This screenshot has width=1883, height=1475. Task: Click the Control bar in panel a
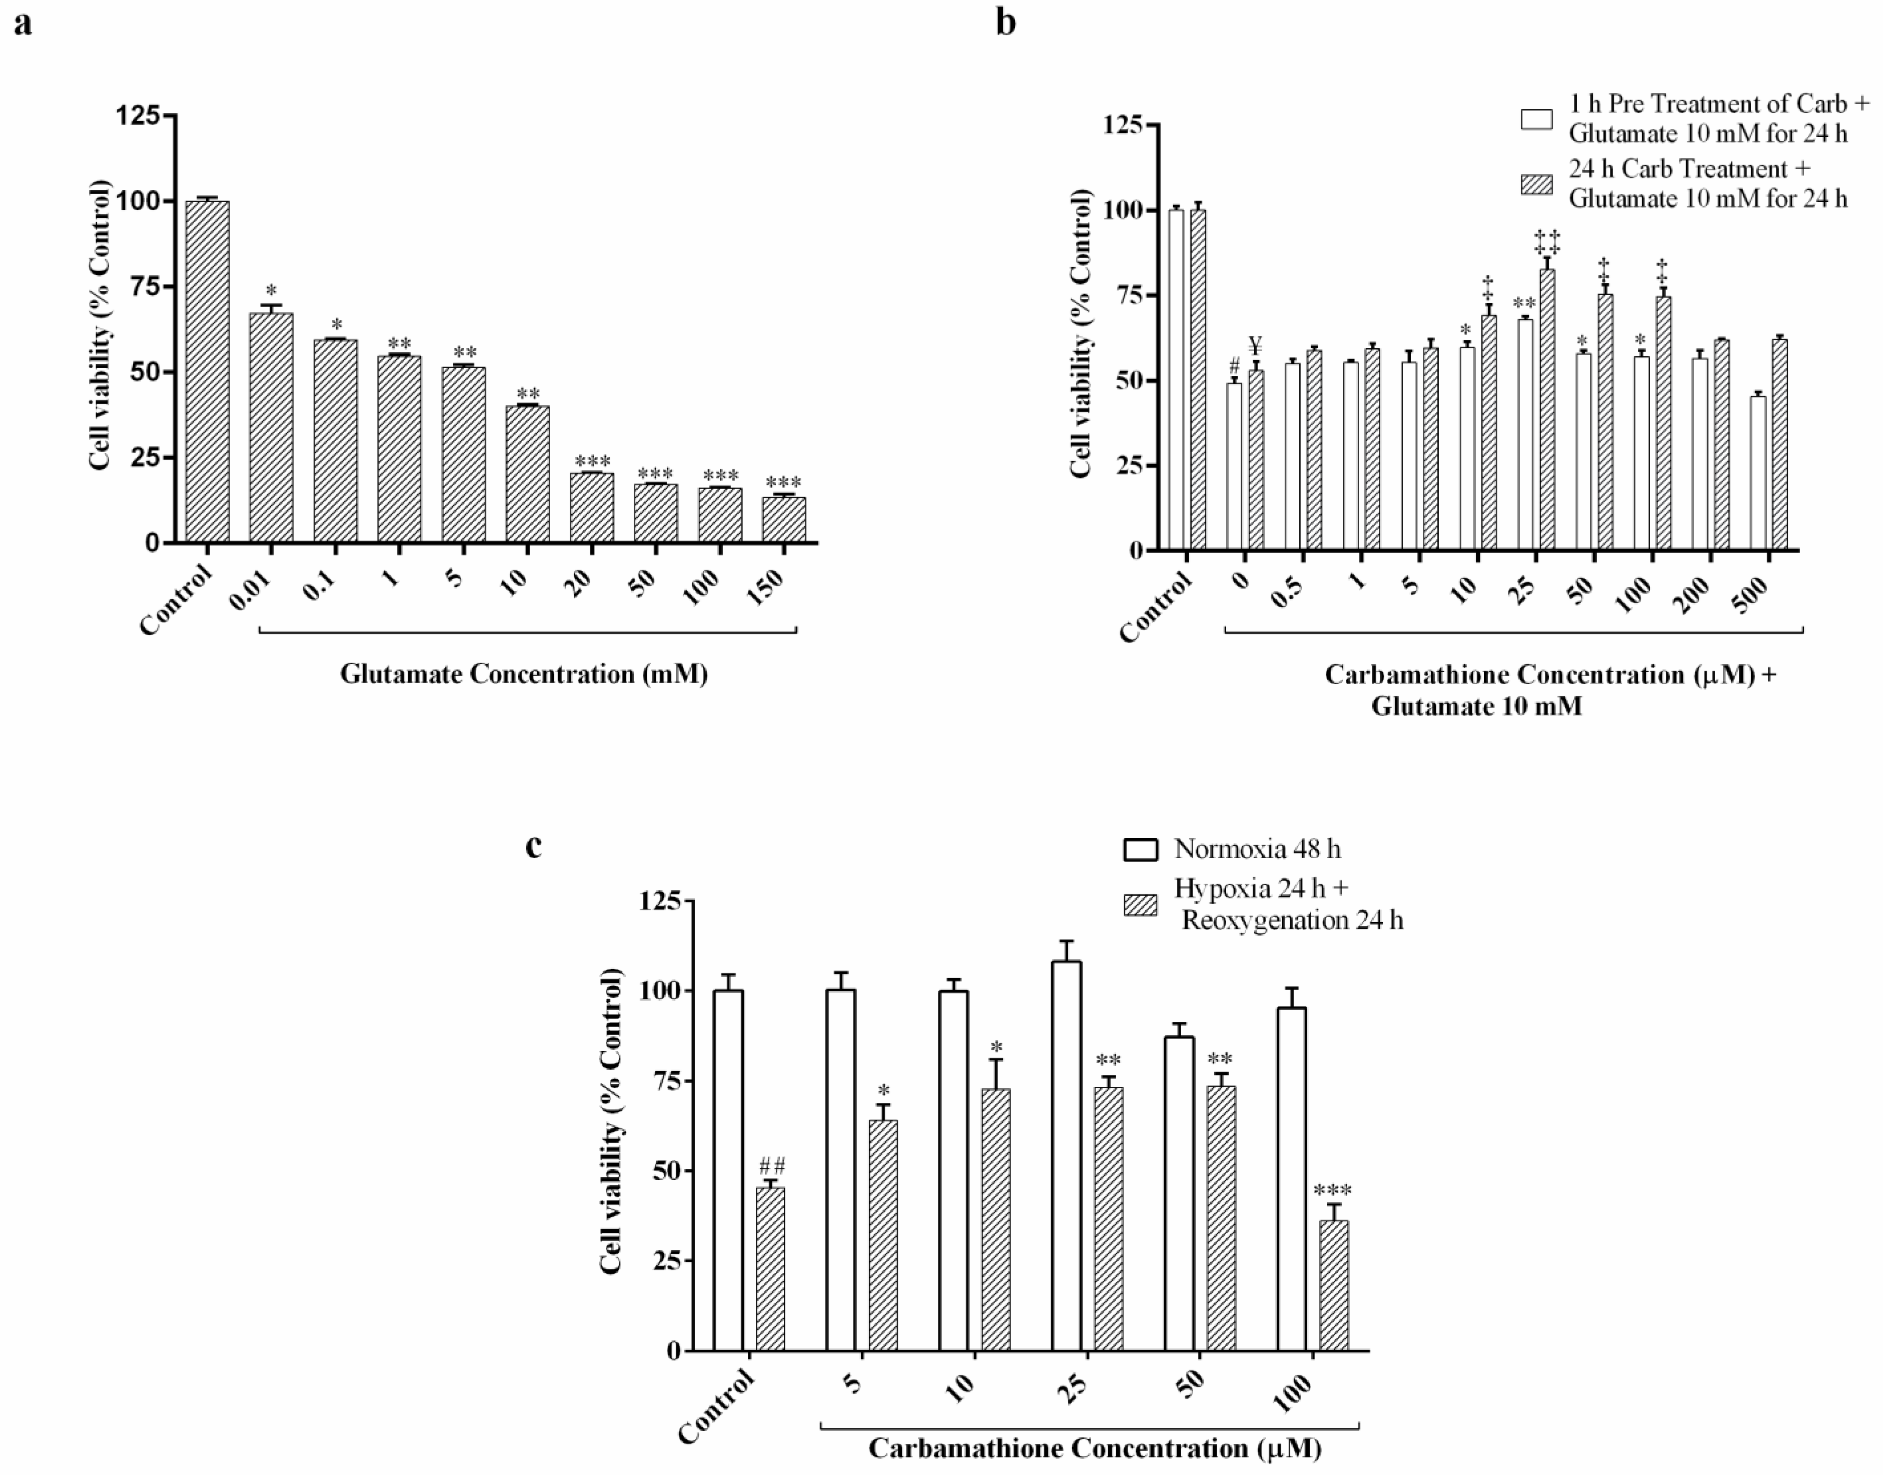pos(207,371)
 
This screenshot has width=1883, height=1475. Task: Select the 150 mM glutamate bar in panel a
pos(784,520)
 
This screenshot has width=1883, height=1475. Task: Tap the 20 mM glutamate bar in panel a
pos(591,508)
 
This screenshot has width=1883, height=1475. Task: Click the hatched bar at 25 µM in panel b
pos(1547,410)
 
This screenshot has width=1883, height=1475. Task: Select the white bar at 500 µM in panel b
pos(1758,473)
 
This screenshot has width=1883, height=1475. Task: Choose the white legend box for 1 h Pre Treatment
pos(1537,118)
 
